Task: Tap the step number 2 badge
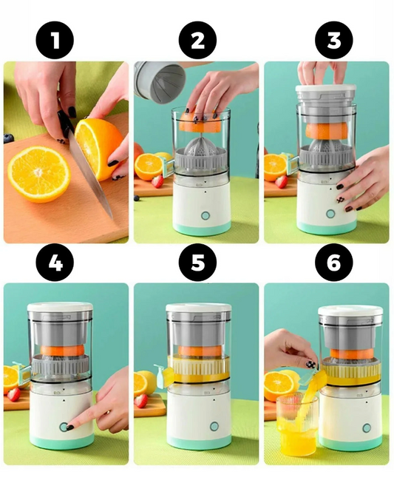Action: (x=197, y=41)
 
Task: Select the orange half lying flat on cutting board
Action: (x=38, y=173)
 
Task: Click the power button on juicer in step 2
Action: (x=204, y=214)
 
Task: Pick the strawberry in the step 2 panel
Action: (x=157, y=181)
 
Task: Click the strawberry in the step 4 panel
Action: (x=14, y=394)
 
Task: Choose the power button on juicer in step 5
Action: (x=214, y=427)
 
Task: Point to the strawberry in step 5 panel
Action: (x=141, y=400)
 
